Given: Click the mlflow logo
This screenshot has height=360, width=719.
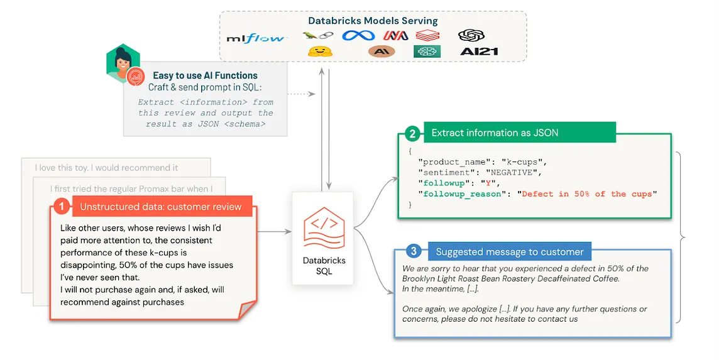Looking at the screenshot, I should click(256, 39).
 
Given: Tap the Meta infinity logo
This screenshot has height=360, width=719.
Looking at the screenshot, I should click(358, 36).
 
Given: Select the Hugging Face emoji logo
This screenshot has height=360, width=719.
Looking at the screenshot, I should click(319, 52).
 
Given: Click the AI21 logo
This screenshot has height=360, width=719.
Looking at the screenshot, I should click(478, 52).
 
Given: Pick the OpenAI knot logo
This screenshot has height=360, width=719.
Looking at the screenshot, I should click(471, 35).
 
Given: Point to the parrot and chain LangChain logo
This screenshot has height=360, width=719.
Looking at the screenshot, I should click(318, 36).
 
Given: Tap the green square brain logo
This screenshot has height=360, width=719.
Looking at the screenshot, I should click(427, 52).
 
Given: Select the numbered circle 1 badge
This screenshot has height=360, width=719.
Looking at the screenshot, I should click(61, 205).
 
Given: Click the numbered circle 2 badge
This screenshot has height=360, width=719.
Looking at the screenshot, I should click(412, 133).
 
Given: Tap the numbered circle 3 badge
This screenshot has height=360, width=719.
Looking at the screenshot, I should click(412, 252).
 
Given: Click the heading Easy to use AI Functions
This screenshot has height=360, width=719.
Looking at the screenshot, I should click(205, 75).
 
